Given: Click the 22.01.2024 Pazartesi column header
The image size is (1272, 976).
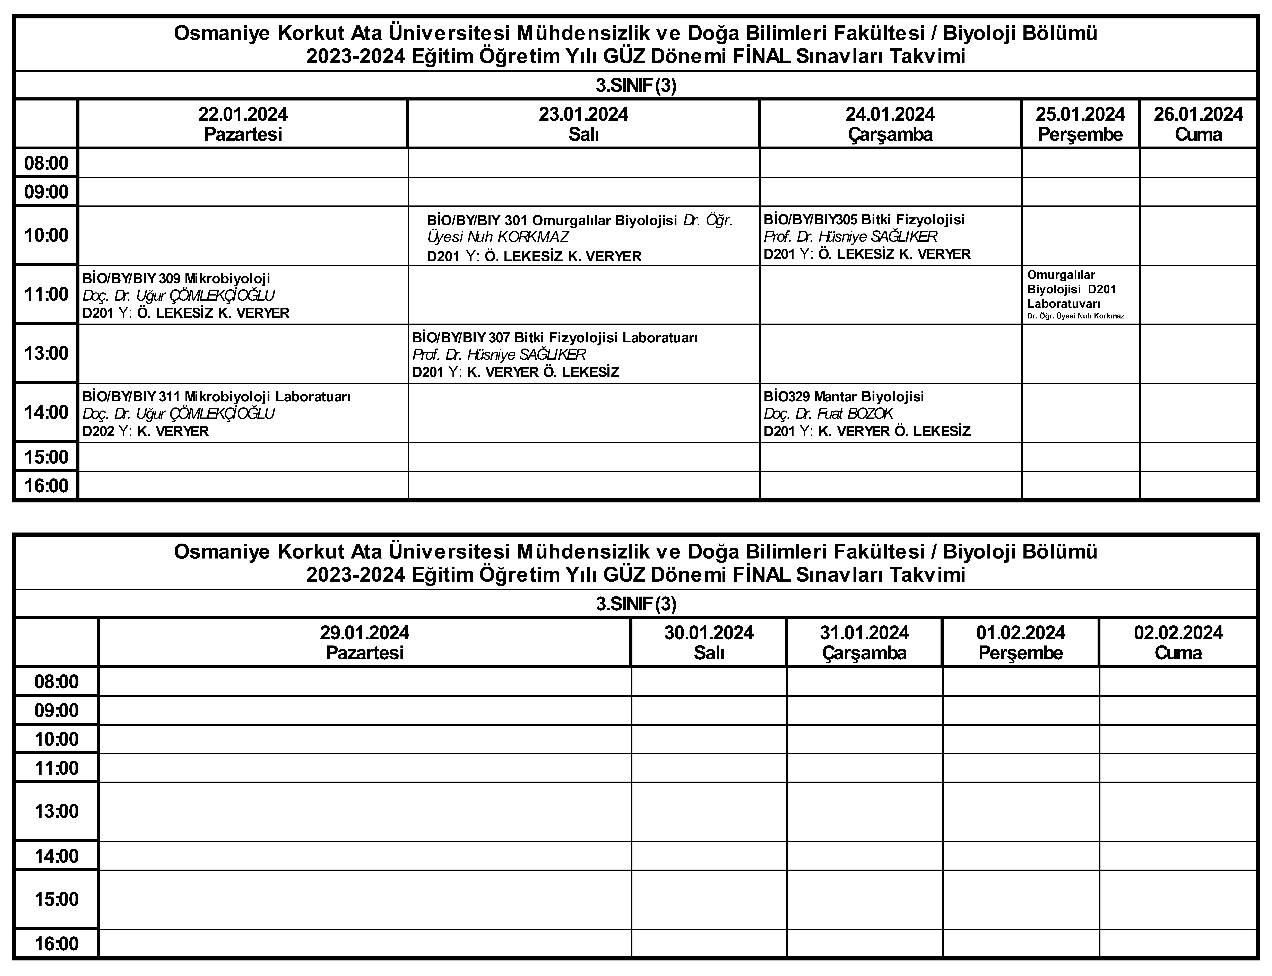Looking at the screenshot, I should click(x=243, y=124).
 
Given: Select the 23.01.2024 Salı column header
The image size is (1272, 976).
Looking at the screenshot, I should click(x=583, y=124).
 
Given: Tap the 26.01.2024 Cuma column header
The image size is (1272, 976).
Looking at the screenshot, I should click(x=1198, y=124).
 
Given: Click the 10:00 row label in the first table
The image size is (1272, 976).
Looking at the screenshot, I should click(x=46, y=235).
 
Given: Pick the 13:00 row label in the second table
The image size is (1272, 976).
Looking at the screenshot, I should click(x=56, y=811).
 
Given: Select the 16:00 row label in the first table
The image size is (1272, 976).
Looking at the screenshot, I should click(x=46, y=486).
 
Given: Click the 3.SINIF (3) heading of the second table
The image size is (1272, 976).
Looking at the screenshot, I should click(x=636, y=604).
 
